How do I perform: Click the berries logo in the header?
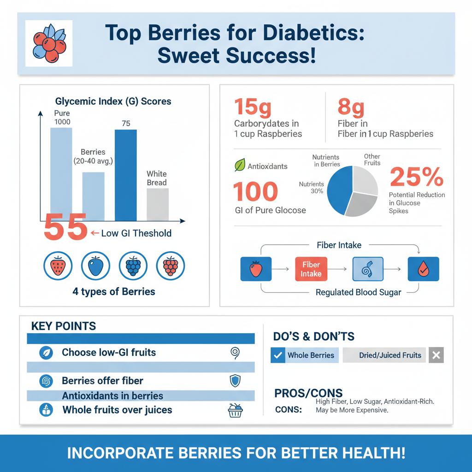coord(48,44)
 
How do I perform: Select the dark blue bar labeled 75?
coord(125,175)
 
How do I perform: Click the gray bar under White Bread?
coord(158,205)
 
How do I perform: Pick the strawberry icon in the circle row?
coord(58,266)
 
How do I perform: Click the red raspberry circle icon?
coord(171,266)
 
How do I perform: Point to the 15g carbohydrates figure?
coord(253,107)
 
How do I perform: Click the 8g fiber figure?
coord(351,107)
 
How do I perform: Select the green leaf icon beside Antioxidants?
coord(240,165)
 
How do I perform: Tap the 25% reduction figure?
coord(417,177)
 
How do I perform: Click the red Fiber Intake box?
coord(311,269)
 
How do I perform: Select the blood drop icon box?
coord(423,269)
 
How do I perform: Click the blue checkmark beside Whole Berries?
coord(277,355)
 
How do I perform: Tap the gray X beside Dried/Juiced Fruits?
coord(436,355)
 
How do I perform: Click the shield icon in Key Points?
coord(235,381)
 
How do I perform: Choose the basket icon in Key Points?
coord(235,410)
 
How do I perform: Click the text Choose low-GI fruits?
coord(109,353)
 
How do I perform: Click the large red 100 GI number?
coord(255,192)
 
